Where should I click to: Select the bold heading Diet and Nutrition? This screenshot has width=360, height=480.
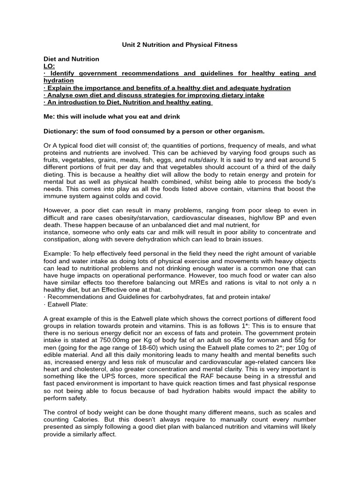click(x=71, y=59)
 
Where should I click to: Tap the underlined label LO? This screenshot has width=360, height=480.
click(x=49, y=66)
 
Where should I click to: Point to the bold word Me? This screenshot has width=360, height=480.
click(x=49, y=117)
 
